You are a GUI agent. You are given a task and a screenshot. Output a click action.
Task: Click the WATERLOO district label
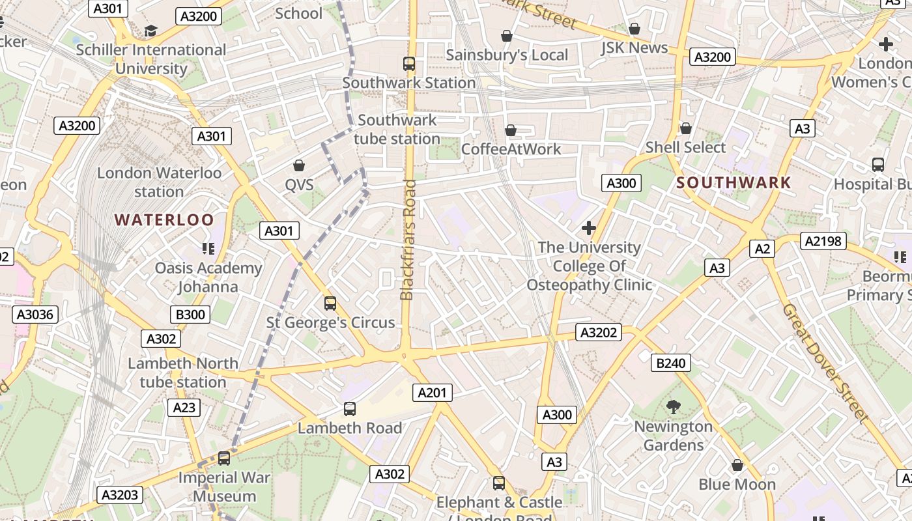(164, 219)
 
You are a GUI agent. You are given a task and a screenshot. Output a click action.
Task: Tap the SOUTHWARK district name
(734, 183)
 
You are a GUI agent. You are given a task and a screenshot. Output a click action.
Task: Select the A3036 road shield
(36, 315)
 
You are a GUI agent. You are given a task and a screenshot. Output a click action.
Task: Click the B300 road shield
(191, 315)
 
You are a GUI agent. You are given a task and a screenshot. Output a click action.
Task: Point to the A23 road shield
(184, 408)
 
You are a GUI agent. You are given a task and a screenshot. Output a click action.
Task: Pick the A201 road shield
(433, 393)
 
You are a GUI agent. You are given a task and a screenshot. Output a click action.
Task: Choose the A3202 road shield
(598, 333)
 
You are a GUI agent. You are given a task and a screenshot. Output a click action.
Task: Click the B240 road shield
(671, 363)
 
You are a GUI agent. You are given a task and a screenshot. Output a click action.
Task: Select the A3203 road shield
(121, 495)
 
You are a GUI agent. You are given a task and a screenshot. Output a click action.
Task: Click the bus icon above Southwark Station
(409, 64)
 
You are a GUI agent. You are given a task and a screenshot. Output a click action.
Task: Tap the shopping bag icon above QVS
(299, 165)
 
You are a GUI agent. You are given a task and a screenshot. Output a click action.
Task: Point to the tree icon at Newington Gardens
(674, 407)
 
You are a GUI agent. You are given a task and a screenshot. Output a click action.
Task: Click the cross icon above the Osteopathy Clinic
(589, 228)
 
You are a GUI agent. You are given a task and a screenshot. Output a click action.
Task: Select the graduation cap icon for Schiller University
(151, 31)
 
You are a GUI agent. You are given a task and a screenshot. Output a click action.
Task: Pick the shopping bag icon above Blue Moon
(737, 465)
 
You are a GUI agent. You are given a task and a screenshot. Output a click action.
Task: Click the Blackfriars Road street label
(408, 240)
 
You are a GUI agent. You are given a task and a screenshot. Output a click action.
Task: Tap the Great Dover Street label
(825, 363)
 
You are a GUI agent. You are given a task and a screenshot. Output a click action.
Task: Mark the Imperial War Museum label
(225, 486)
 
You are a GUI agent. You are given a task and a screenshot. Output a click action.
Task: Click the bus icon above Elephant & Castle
(499, 483)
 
